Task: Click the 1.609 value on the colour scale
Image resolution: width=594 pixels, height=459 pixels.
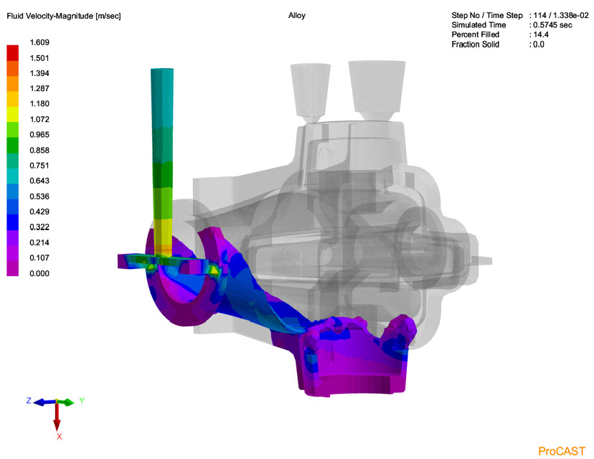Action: point(39,42)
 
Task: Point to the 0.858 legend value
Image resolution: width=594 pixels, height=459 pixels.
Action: point(39,150)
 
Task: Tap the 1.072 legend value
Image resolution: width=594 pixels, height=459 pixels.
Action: point(39,119)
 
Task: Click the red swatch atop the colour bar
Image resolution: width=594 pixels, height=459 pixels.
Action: point(13,52)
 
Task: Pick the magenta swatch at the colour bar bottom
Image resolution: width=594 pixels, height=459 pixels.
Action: point(13,268)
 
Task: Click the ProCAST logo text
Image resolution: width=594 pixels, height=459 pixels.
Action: point(562,450)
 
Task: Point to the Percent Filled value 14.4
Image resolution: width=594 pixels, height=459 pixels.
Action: point(539,34)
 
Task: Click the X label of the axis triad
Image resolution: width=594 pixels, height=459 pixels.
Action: point(60,436)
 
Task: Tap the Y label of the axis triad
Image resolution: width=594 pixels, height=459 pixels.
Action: point(82,400)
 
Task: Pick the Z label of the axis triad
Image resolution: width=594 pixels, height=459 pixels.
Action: point(29,401)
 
